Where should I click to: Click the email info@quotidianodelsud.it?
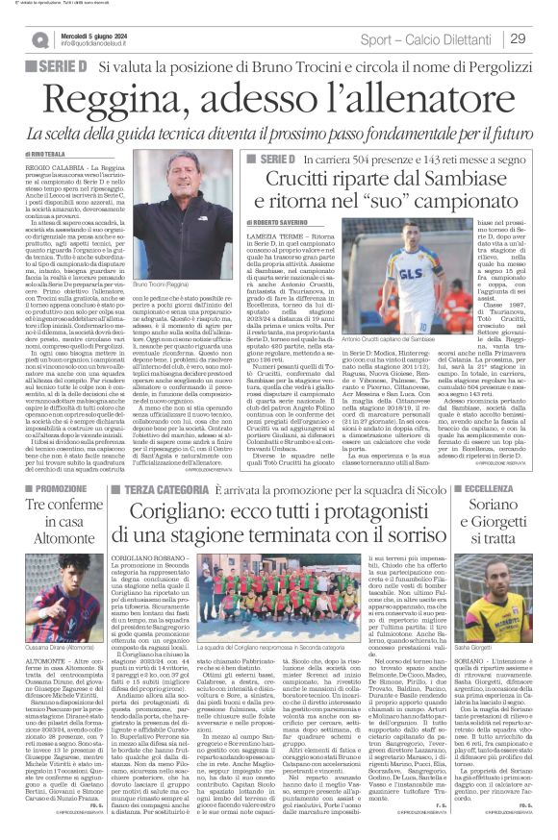pyautogui.click(x=102, y=44)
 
